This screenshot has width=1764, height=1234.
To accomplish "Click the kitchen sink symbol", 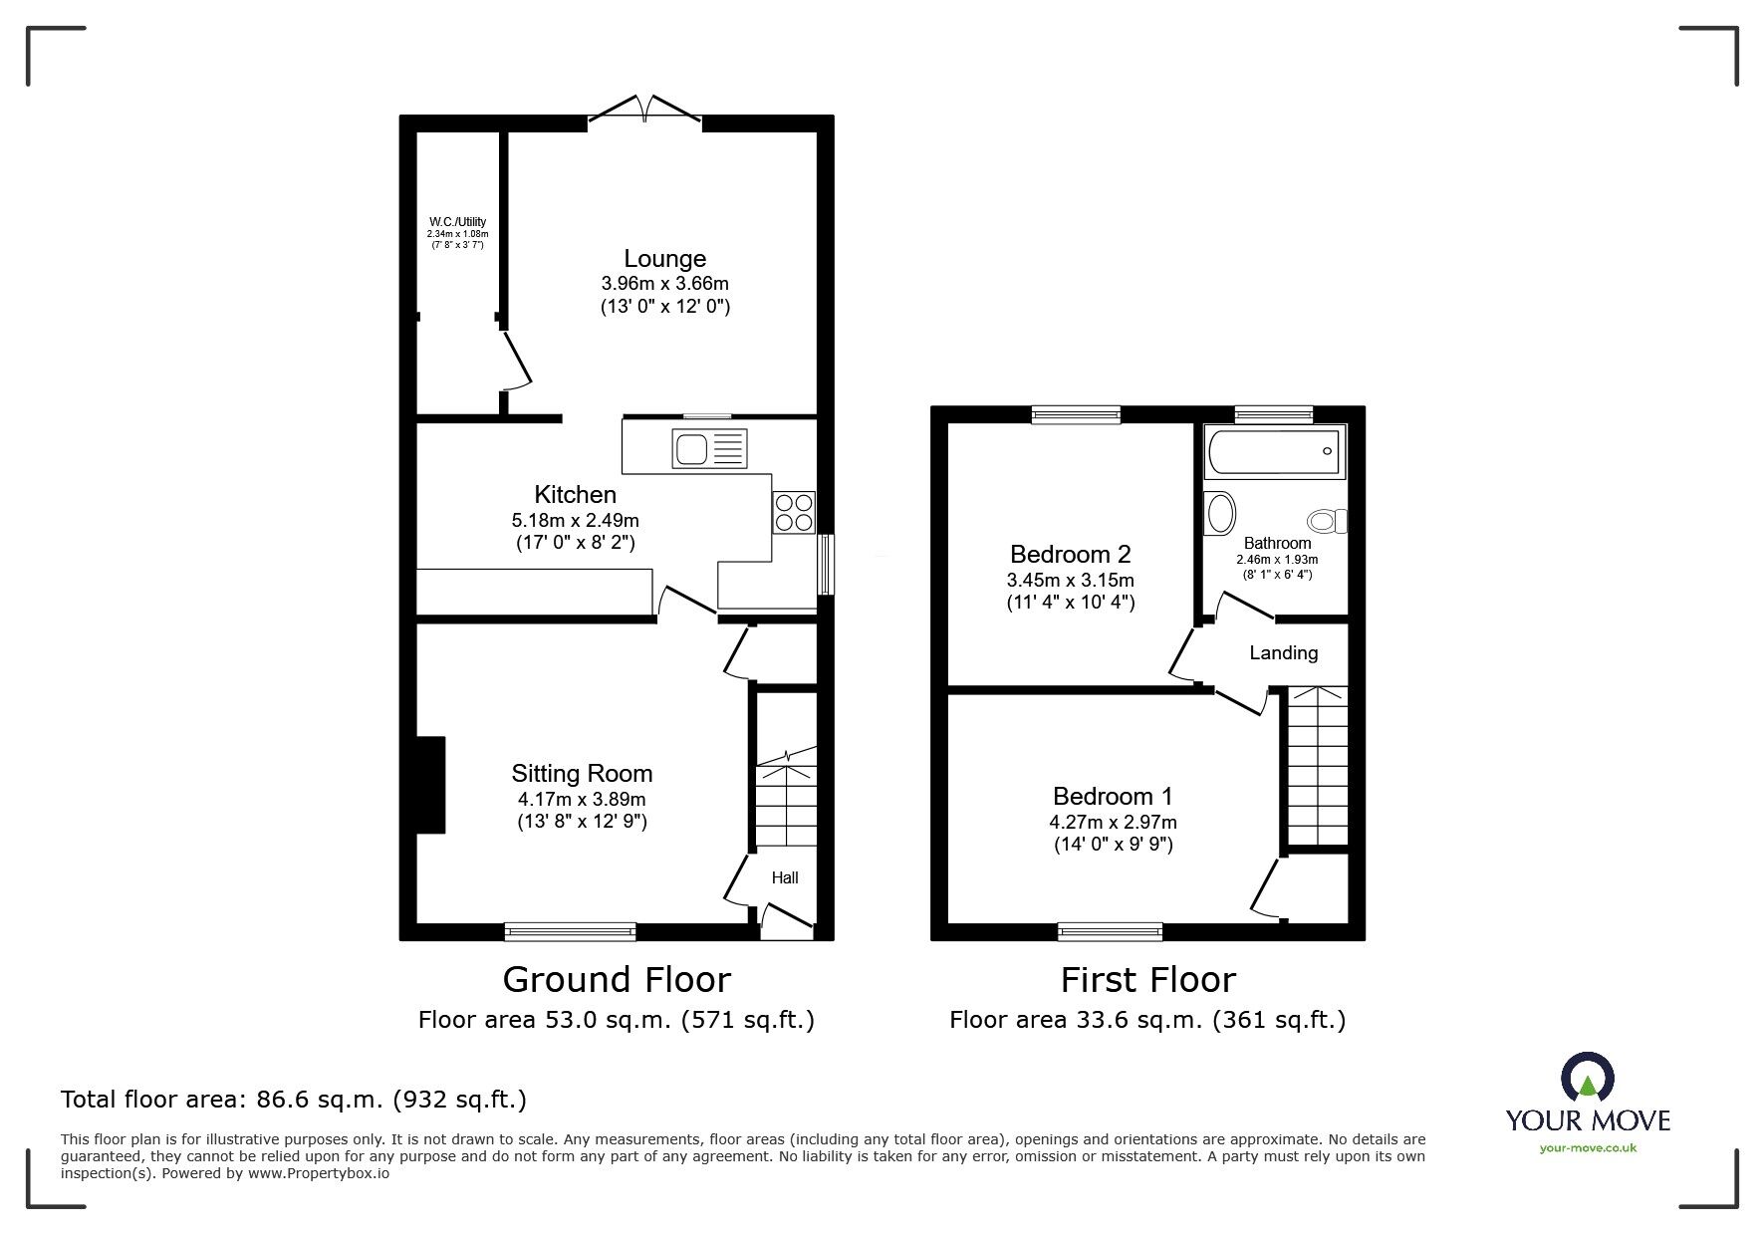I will [x=709, y=448].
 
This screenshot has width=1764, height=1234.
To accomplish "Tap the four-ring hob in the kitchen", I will [x=793, y=512].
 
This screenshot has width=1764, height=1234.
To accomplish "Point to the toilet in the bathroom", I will [x=1326, y=520].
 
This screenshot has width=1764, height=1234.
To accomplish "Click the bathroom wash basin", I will [x=1220, y=513].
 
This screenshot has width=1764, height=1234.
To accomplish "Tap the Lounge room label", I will [x=664, y=259].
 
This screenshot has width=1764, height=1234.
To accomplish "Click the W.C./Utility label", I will [x=457, y=221].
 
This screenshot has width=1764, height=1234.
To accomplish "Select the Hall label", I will [x=785, y=877].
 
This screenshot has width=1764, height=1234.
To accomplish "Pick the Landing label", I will [x=1283, y=653].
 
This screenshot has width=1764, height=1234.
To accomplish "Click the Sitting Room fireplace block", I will [x=430, y=784].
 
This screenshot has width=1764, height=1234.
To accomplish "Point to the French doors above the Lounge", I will [x=645, y=110].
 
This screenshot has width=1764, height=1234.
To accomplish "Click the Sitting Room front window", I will [x=570, y=931].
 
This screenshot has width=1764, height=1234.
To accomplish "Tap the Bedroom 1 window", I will [x=1110, y=931].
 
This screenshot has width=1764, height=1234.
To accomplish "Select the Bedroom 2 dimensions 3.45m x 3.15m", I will [x=1070, y=580].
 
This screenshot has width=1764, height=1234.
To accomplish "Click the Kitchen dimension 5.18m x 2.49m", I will [x=575, y=520].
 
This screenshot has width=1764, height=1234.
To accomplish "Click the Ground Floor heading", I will [x=617, y=980].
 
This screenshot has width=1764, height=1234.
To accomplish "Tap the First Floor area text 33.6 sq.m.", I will [x=1146, y=1020].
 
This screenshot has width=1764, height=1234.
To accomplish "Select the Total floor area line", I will [x=294, y=1100].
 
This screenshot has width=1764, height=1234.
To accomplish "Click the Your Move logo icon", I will [x=1587, y=1078].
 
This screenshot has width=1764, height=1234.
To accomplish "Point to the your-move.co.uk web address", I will [x=1588, y=1147].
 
